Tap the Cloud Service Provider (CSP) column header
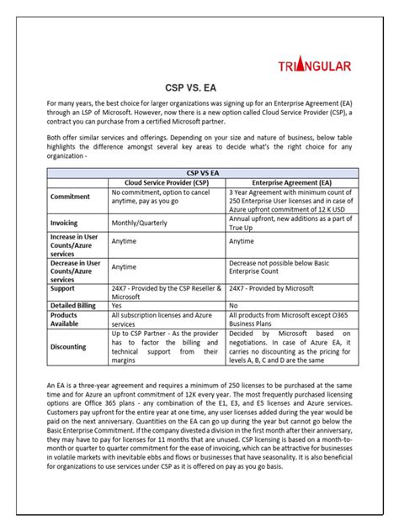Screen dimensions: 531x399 pyautogui.click(x=168, y=181)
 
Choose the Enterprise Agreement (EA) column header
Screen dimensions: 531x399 pyautogui.click(x=284, y=181)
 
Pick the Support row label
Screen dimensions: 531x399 pyautogui.click(x=65, y=287)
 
